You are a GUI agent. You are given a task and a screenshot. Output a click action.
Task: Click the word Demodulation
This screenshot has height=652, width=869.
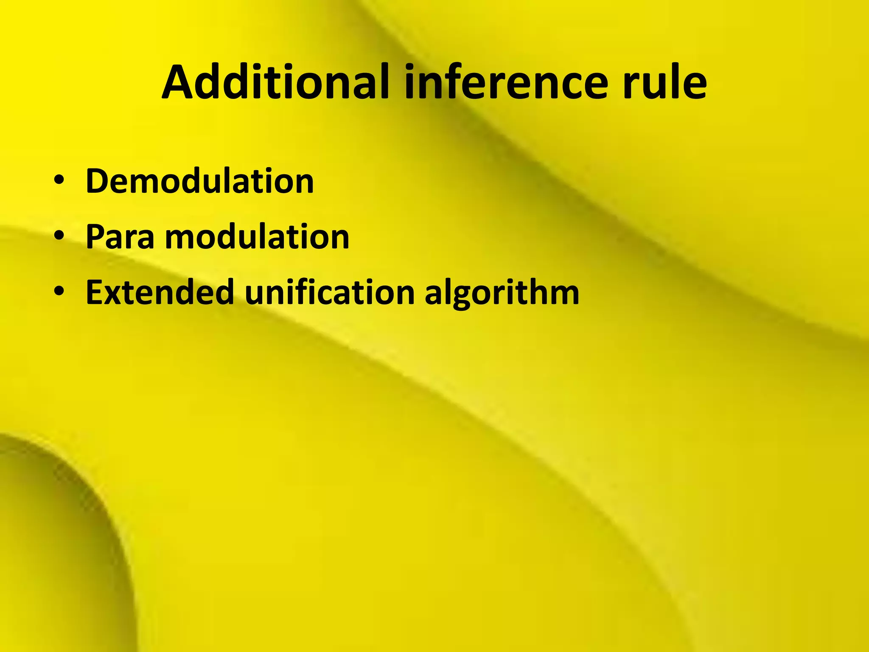click(x=199, y=181)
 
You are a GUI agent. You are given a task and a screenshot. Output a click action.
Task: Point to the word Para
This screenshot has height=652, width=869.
click(x=120, y=237)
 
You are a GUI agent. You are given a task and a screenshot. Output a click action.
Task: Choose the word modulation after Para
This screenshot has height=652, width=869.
click(x=257, y=237)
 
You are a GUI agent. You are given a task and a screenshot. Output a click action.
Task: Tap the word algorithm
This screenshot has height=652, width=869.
click(x=502, y=293)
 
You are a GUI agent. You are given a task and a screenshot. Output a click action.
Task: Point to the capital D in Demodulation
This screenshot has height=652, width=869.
click(x=97, y=181)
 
